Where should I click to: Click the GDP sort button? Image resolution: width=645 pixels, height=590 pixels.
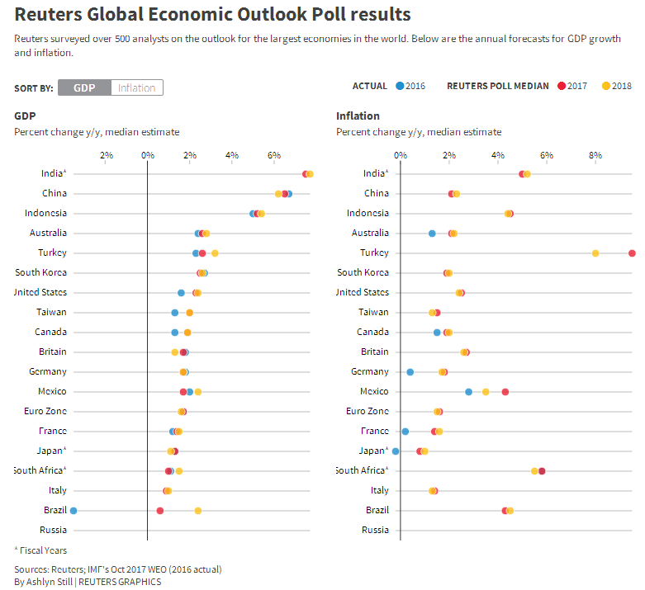pos(84,87)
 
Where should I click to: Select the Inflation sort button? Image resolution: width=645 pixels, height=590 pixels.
pos(137,87)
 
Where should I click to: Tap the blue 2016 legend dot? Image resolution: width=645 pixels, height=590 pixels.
pos(400,86)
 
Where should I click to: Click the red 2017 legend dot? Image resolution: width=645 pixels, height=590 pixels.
pos(562,86)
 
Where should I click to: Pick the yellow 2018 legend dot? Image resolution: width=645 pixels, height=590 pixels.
pos(606,86)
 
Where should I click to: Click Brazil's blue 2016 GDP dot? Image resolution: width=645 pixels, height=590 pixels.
pos(74,511)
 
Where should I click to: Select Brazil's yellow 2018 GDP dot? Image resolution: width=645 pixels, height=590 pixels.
pos(198,511)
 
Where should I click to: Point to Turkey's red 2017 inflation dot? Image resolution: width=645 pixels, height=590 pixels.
pos(633,253)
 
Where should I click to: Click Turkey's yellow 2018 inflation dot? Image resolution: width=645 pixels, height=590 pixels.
pos(595,253)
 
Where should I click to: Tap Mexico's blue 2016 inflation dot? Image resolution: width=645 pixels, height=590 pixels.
pos(468,392)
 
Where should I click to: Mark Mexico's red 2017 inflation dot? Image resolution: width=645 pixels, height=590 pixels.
pos(505,392)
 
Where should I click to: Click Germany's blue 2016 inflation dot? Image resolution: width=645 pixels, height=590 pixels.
pos(410,372)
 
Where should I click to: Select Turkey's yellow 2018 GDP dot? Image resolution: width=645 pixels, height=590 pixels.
pos(215,253)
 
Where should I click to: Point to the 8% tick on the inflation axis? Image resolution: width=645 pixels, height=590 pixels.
pos(595,156)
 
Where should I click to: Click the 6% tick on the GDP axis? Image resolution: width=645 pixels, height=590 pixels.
pos(274,156)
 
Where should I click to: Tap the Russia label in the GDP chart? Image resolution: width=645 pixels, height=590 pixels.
pos(53,530)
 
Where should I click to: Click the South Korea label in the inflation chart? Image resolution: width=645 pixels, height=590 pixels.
pos(363,272)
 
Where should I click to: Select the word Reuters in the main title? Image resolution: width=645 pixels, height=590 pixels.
pos(49,14)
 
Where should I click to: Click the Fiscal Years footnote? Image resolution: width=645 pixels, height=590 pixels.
pos(40,550)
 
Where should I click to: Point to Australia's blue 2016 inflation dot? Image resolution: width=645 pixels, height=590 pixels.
pos(432,234)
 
